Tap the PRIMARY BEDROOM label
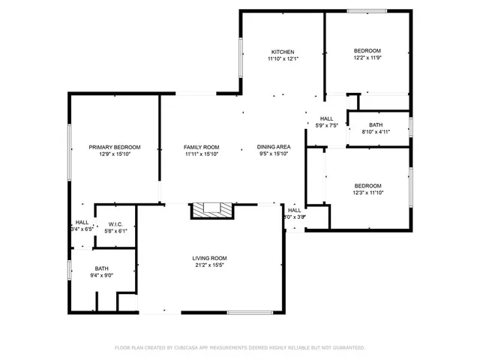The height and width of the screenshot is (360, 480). (x=114, y=147)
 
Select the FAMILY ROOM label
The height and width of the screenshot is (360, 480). (x=201, y=147)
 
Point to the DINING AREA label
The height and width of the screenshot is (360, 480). (x=274, y=147)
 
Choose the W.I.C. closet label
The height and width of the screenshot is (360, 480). (x=115, y=223)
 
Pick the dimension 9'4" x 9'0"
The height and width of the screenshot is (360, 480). (x=101, y=275)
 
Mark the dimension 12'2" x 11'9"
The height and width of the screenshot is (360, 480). (x=367, y=58)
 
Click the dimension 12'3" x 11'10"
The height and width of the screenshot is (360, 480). (x=367, y=193)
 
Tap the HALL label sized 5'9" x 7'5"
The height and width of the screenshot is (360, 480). (x=327, y=118)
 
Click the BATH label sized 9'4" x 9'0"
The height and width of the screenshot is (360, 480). (x=101, y=268)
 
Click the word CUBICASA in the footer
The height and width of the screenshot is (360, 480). (x=192, y=348)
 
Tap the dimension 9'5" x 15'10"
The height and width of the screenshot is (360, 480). (x=274, y=154)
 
